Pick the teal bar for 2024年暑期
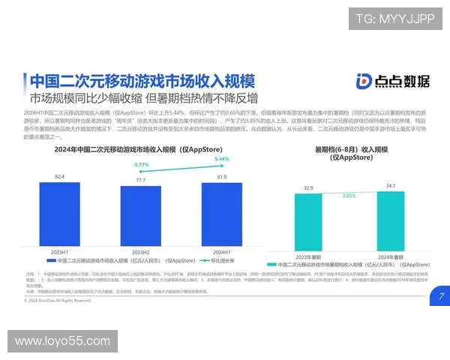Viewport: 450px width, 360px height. click(x=390, y=218)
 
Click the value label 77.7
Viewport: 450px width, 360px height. click(x=140, y=181)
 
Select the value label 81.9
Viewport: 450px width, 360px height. click(x=221, y=178)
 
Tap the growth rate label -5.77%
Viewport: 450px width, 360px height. click(x=140, y=164)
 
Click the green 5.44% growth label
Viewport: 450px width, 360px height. click(x=221, y=159)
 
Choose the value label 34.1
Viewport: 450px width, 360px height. click(x=390, y=185)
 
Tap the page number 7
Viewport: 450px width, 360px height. click(x=440, y=296)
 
